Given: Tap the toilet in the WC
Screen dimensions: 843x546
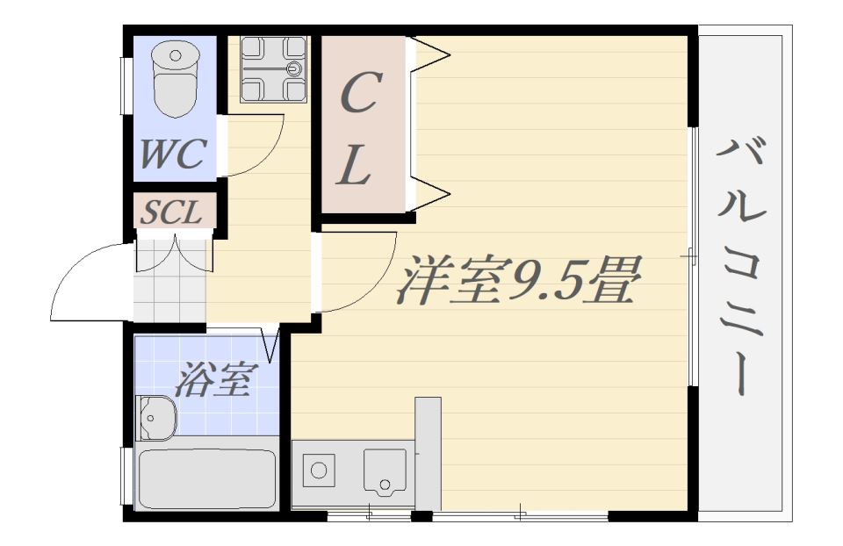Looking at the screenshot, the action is coord(176,80).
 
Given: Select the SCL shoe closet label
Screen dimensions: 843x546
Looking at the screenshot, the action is coord(171,212).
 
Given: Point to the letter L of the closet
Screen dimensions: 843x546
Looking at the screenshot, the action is coord(353,166).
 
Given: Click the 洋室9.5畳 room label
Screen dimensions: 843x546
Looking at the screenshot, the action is coord(519,280).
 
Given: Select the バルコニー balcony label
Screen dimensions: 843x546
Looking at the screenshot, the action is coord(740,266).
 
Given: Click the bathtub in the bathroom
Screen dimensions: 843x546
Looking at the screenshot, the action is coord(207,479).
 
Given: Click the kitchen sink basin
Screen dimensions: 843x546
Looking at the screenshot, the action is coord(385,471).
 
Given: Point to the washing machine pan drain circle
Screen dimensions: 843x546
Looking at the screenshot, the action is coord(295,68).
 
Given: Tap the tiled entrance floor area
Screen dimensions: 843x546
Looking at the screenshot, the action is coord(169,281).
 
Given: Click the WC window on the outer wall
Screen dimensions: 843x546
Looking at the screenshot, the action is coord(124,86).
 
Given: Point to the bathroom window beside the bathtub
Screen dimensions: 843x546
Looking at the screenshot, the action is coord(124,476).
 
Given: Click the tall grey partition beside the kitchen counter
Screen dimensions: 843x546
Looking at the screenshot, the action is coord(428,454).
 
